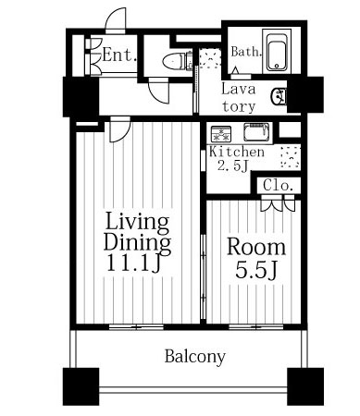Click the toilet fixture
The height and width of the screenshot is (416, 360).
pyautogui.click(x=175, y=61)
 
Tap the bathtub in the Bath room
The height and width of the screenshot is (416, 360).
pyautogui.click(x=277, y=52)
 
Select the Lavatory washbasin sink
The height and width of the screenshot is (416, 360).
pyautogui.click(x=279, y=96)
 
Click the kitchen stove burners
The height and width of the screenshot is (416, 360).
pyautogui.click(x=221, y=134)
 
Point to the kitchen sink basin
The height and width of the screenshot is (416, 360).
pyautogui.click(x=256, y=131)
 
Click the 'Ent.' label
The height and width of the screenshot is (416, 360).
pyautogui.click(x=119, y=55)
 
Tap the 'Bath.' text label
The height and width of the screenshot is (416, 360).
pyautogui.click(x=246, y=52)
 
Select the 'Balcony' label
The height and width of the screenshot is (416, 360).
pyautogui.click(x=195, y=357)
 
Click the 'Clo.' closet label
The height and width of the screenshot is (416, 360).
pyautogui.click(x=279, y=186)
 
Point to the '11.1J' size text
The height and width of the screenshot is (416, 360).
pyautogui.click(x=133, y=263)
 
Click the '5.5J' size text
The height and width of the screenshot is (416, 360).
pyautogui.click(x=256, y=270)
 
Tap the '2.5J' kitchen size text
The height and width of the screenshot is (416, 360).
pyautogui.click(x=232, y=165)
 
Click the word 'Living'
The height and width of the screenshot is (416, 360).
pyautogui.click(x=137, y=222)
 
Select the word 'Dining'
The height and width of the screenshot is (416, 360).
pyautogui.click(x=137, y=242)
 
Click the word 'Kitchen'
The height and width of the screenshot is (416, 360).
pyautogui.click(x=237, y=152)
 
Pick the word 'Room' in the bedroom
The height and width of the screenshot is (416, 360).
pyautogui.click(x=256, y=247)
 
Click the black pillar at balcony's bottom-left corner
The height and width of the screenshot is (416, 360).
pyautogui.click(x=81, y=386)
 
